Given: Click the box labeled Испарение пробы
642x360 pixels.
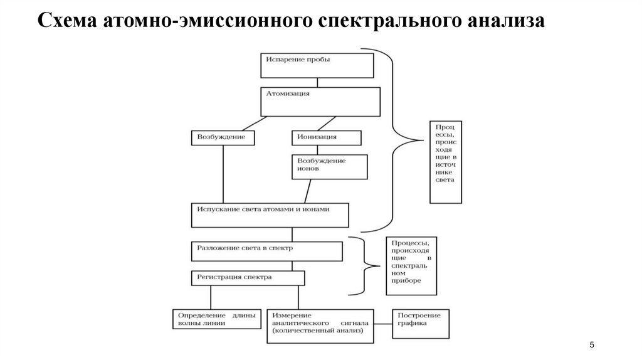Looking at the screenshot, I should (317, 65).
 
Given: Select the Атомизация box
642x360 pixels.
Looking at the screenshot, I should (320, 101).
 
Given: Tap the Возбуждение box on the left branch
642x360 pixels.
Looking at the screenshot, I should (223, 137).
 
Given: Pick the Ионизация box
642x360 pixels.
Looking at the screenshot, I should (326, 137).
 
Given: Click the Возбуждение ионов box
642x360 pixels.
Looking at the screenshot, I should (329, 166).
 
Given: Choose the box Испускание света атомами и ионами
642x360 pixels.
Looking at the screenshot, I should (270, 214).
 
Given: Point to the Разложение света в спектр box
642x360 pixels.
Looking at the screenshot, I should (266, 251).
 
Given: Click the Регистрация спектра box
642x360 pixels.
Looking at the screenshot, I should (248, 278).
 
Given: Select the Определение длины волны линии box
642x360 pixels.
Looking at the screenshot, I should (216, 319).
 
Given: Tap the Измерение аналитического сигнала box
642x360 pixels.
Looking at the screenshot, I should (320, 325).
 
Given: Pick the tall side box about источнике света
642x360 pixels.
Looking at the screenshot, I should (446, 162).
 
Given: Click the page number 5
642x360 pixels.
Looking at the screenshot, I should (591, 346).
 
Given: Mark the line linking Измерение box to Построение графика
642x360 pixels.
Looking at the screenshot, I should (383, 324).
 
